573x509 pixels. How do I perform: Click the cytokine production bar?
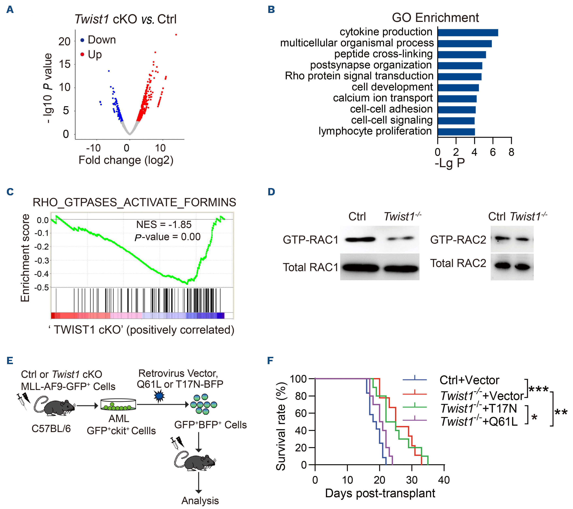pyautogui.click(x=468, y=33)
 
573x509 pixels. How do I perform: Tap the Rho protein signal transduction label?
pyautogui.click(x=359, y=76)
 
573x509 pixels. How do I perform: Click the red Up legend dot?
pyautogui.click(x=82, y=54)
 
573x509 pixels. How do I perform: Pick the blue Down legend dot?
pyautogui.click(x=82, y=40)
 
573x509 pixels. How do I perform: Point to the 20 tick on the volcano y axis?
pyautogui.click(x=64, y=42)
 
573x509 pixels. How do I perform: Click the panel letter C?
pyautogui.click(x=10, y=192)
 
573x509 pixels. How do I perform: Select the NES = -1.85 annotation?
pyautogui.click(x=164, y=225)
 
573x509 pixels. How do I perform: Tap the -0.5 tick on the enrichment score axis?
pyautogui.click(x=42, y=288)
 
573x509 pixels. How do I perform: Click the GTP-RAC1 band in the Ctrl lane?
pyautogui.click(x=360, y=239)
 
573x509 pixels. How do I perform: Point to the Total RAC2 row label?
pyautogui.click(x=458, y=263)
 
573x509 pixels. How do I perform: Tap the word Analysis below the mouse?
pyautogui.click(x=200, y=500)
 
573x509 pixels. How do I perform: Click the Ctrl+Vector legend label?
pyautogui.click(x=469, y=380)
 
